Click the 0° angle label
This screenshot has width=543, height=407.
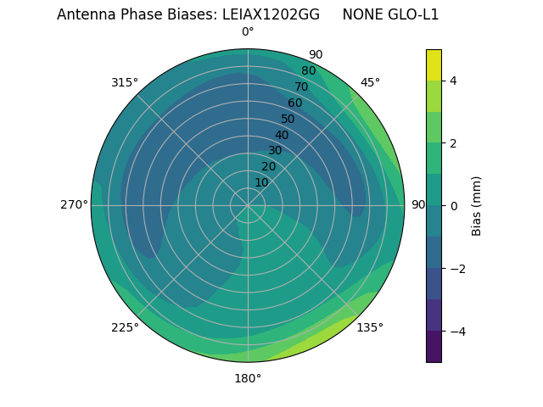click(248, 32)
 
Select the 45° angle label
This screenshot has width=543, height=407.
click(370, 82)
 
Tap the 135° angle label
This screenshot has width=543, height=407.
click(370, 327)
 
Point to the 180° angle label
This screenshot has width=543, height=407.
click(248, 378)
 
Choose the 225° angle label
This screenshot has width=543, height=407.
click(125, 327)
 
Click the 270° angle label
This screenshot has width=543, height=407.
click(74, 204)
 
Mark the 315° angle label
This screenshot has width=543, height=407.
click(125, 82)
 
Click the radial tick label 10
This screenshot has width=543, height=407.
click(261, 182)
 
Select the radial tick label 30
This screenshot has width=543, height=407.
click(275, 151)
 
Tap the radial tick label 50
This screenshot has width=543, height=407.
click(288, 120)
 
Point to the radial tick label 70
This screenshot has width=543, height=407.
click(301, 87)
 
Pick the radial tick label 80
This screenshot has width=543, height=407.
click(308, 71)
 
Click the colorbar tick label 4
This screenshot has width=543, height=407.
click(454, 81)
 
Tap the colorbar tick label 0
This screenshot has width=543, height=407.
click(454, 206)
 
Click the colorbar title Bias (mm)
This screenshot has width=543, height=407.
click(477, 206)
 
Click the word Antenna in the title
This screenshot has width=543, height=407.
click(84, 14)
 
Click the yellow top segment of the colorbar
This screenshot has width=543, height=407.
click(434, 64)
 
